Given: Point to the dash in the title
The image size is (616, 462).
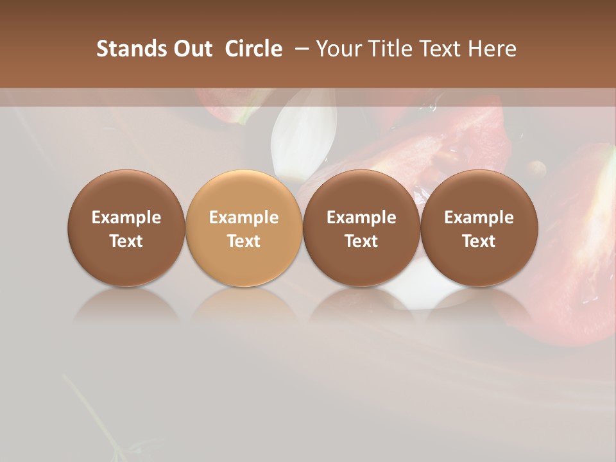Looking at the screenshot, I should click(300, 49).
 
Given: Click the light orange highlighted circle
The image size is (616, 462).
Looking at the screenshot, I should click(244, 228).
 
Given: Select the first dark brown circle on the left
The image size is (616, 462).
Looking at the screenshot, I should click(126, 228).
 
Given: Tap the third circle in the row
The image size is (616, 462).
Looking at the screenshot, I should click(361, 228).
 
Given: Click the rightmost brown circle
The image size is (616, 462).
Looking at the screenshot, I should click(479, 228).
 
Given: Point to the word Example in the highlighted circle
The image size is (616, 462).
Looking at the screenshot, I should click(244, 218).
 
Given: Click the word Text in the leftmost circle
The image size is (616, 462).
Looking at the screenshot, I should click(126, 241).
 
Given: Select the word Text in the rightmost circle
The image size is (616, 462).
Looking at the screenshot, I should click(479, 241).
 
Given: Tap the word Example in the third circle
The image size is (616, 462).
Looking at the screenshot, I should click(361, 218).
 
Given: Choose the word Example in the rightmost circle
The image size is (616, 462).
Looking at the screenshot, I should click(479, 218).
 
